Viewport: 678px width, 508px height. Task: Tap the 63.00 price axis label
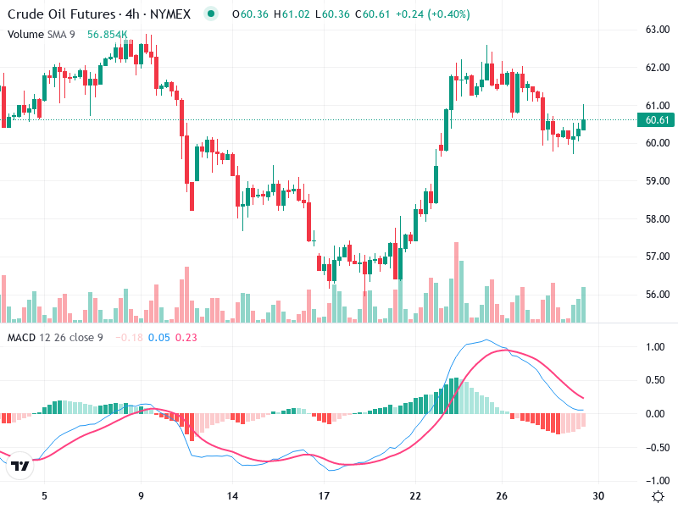[x=659, y=30]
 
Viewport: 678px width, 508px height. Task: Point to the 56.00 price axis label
[x=659, y=295]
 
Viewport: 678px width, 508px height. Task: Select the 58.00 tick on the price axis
[x=659, y=219]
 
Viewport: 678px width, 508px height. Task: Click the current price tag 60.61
[x=659, y=120]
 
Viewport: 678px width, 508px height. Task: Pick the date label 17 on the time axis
[x=323, y=496]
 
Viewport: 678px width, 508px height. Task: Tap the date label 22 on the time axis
[x=415, y=496]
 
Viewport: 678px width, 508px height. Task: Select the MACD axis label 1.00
[x=654, y=347]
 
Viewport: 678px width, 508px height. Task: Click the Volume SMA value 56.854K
[x=107, y=35]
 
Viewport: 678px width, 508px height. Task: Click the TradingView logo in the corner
[x=20, y=465]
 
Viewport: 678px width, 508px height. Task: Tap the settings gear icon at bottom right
[x=657, y=495]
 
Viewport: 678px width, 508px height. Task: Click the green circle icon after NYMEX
[x=211, y=14]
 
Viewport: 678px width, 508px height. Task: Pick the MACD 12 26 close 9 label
[x=55, y=338]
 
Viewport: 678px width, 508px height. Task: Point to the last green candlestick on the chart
[x=584, y=124]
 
